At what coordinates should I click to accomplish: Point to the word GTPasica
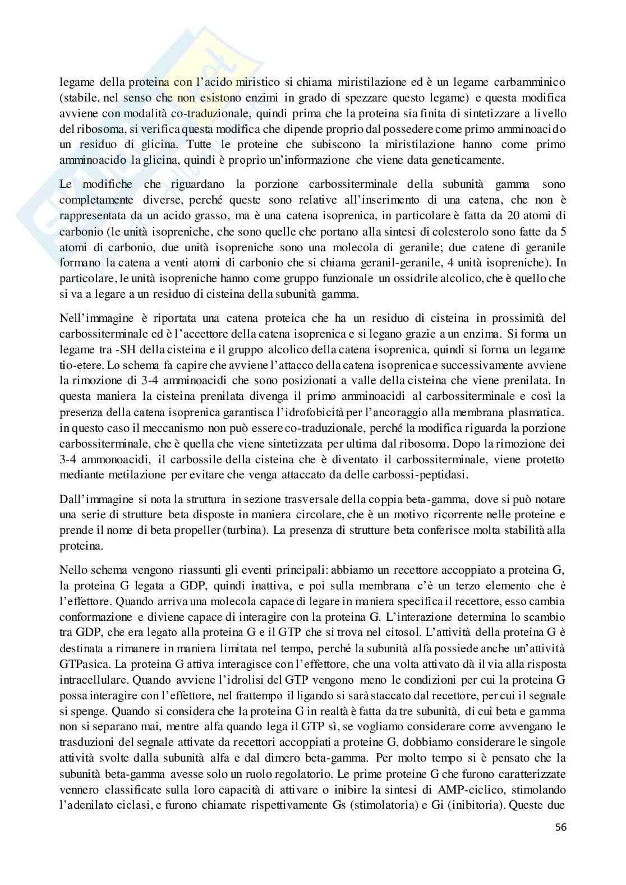point(79,664)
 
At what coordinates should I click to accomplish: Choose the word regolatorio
point(300,775)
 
